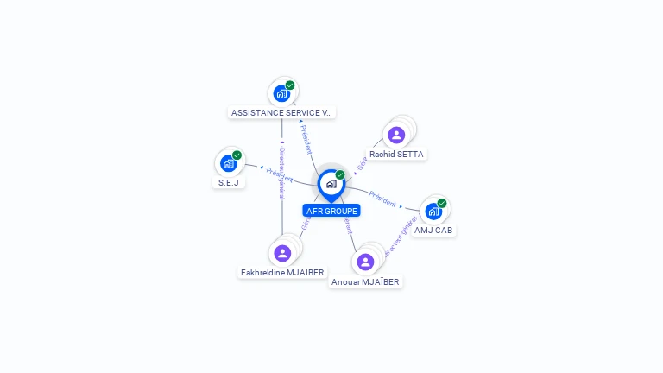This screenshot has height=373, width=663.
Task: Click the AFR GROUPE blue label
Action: click(331, 211)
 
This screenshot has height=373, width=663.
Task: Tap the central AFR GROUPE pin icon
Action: click(331, 184)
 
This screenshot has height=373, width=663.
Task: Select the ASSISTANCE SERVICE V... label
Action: click(281, 112)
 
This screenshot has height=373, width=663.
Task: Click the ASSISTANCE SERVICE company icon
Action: click(281, 93)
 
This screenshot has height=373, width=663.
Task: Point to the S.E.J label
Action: click(228, 183)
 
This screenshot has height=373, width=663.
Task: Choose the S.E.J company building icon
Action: click(228, 163)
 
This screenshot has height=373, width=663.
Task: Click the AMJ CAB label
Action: click(433, 231)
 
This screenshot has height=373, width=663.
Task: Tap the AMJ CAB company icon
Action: click(433, 211)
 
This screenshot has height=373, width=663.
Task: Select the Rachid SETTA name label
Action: click(397, 155)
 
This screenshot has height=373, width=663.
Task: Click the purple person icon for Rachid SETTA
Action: click(396, 135)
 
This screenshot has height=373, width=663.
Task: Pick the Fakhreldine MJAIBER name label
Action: click(282, 273)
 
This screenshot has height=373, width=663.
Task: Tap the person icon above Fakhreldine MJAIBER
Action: click(281, 253)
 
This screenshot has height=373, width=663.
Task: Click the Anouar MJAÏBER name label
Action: click(366, 281)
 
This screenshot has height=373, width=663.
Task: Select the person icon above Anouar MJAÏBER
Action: click(365, 262)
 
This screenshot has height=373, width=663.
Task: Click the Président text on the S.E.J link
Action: click(279, 174)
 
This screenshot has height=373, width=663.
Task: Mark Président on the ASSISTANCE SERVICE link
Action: click(306, 138)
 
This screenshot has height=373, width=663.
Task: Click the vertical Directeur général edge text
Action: click(281, 173)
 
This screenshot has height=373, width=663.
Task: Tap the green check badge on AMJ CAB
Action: click(442, 204)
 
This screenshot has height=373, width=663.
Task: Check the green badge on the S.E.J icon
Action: click(237, 155)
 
